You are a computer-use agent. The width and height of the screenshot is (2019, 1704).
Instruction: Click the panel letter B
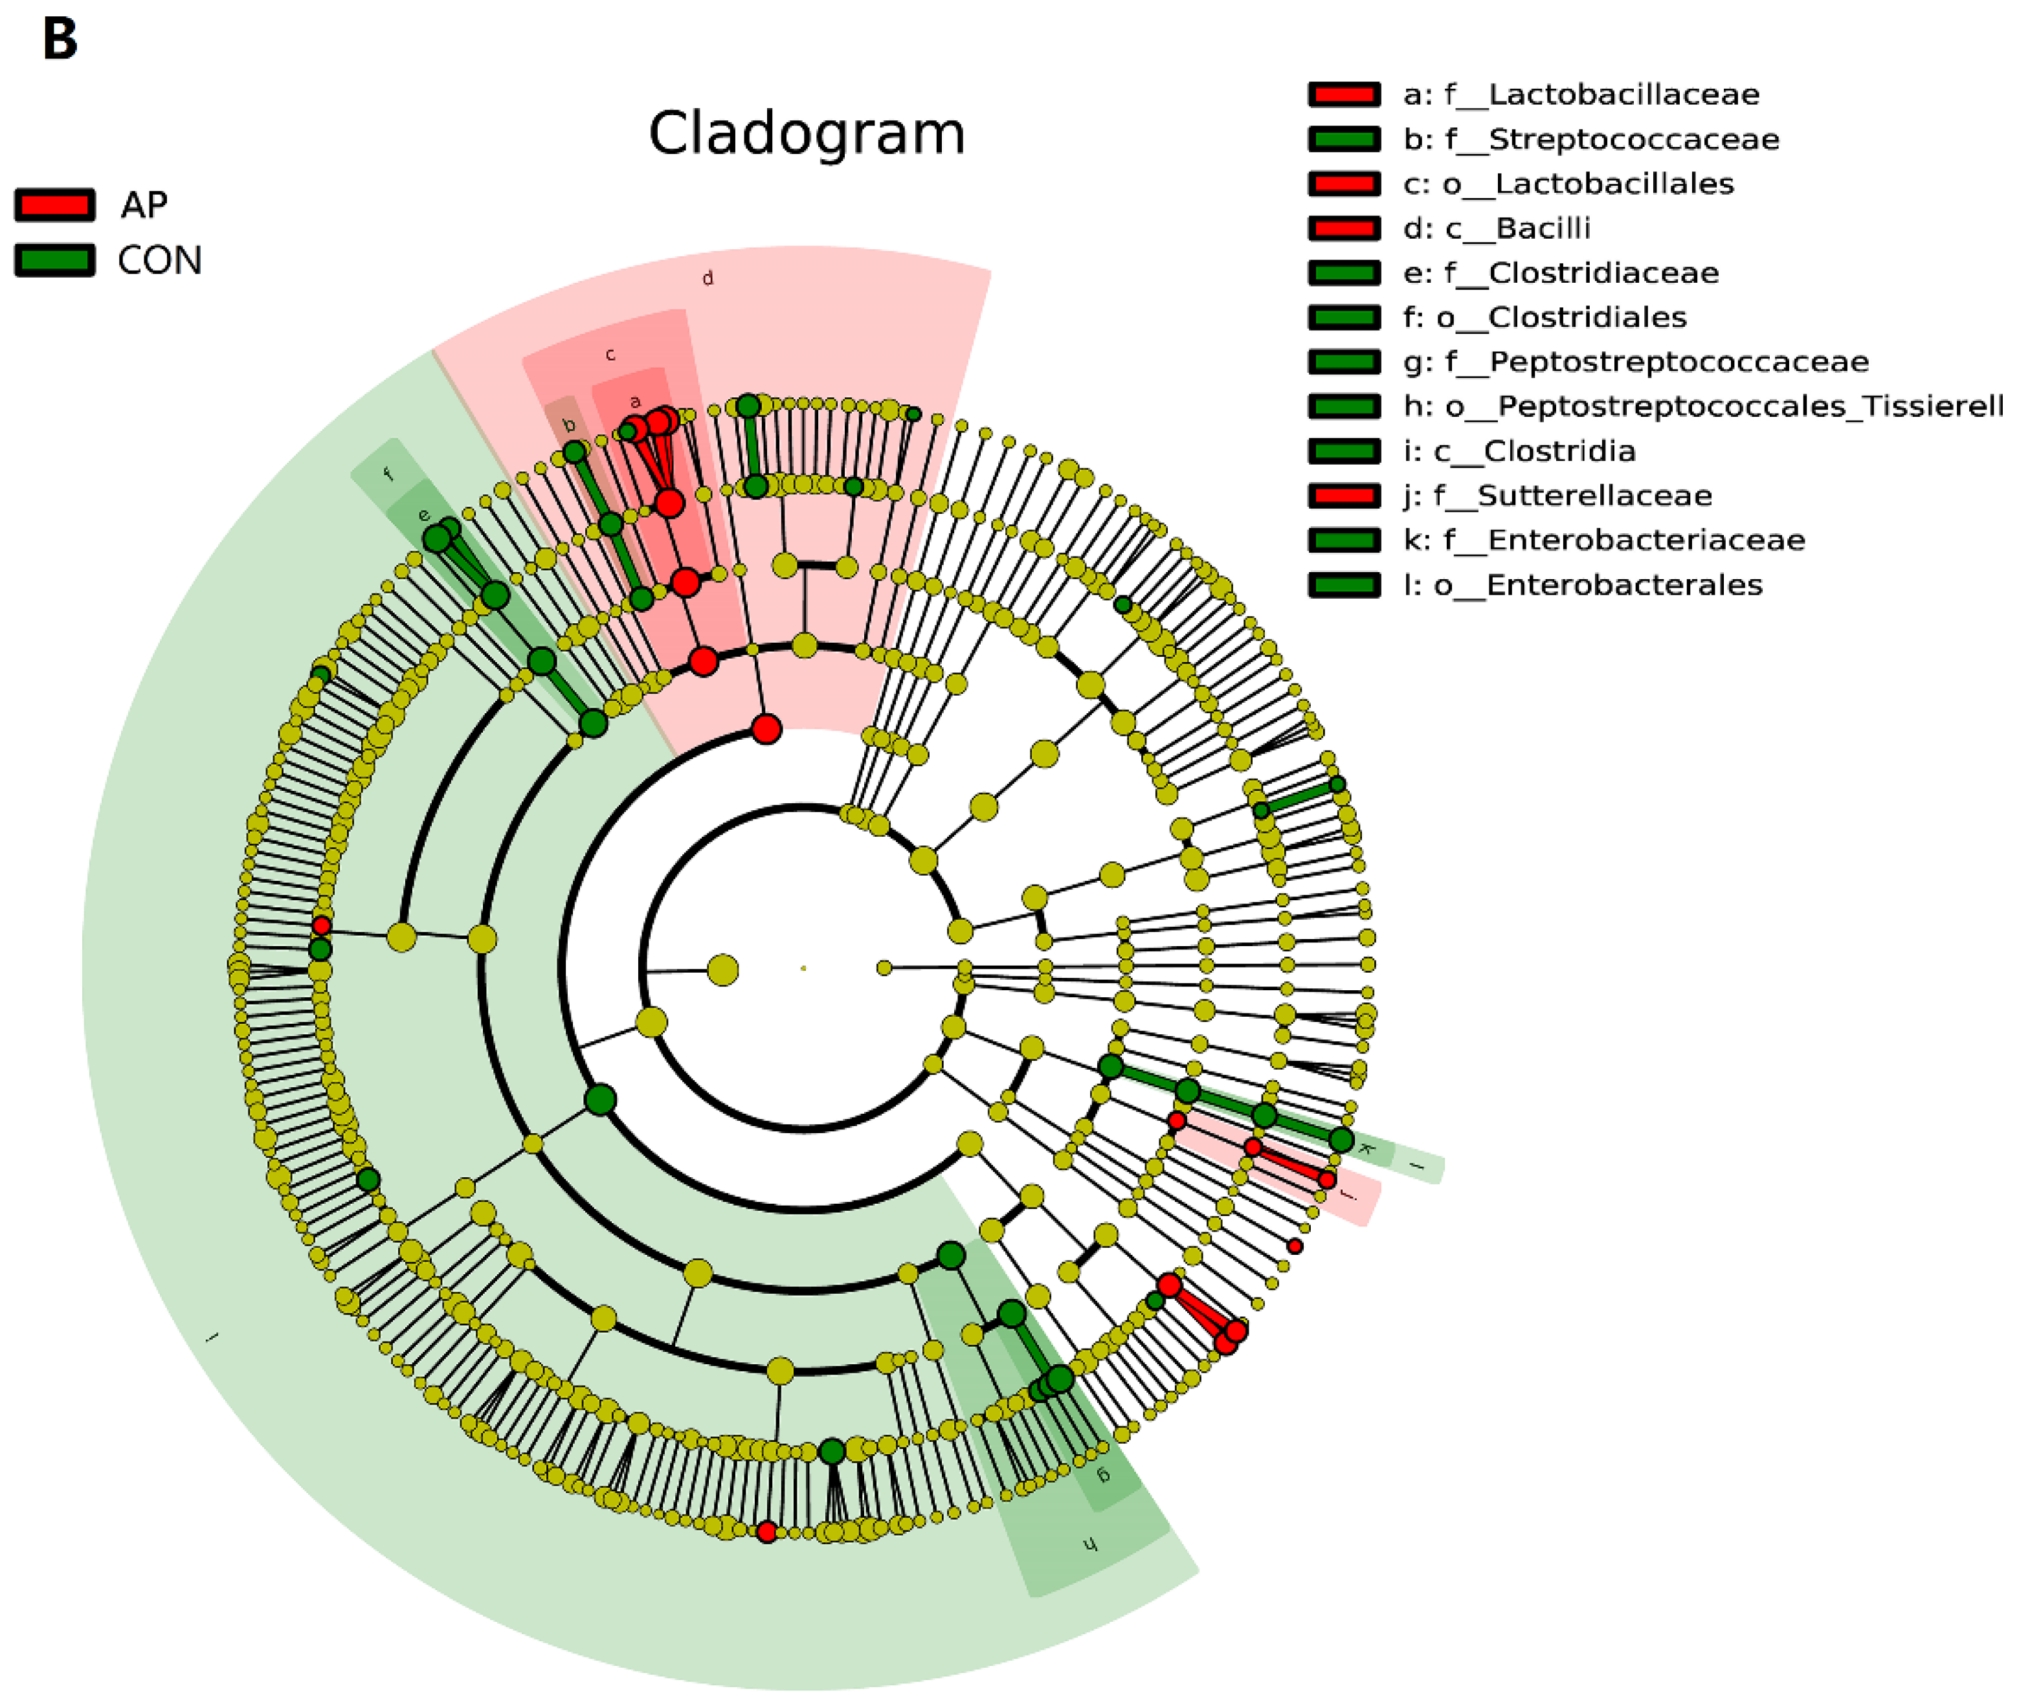(x=60, y=41)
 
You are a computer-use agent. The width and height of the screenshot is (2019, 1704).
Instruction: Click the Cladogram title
(x=806, y=133)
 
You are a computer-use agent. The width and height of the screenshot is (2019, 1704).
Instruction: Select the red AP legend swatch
(x=55, y=205)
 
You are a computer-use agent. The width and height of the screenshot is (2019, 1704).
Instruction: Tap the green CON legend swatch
(x=55, y=260)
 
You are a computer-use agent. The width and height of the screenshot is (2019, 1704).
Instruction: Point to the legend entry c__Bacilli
(x=1497, y=228)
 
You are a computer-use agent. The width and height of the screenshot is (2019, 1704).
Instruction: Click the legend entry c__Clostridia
(x=1519, y=451)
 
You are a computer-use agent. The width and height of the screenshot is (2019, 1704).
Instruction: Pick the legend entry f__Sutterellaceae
(x=1557, y=496)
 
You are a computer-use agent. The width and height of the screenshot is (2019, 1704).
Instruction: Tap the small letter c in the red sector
(x=610, y=355)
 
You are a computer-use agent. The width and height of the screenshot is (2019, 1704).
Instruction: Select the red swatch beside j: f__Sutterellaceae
(x=1344, y=496)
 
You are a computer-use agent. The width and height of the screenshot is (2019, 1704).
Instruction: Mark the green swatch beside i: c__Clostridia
(x=1344, y=451)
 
